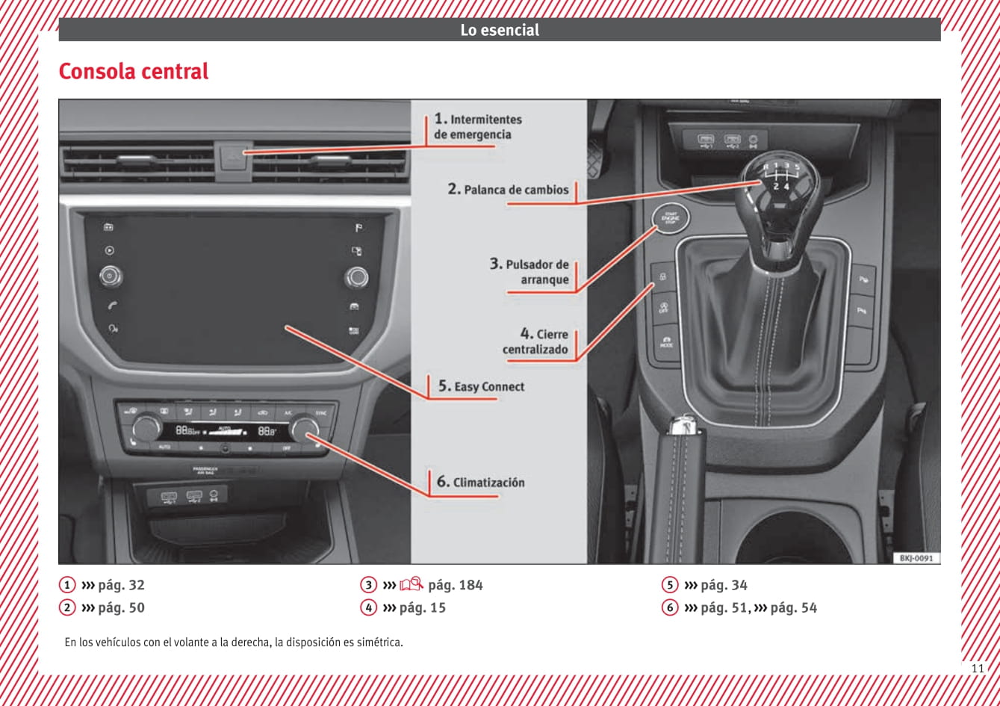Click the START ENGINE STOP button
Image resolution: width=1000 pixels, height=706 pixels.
tap(671, 217)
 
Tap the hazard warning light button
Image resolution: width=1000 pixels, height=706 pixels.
tap(235, 155)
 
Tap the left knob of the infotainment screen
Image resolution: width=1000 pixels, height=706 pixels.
tap(111, 276)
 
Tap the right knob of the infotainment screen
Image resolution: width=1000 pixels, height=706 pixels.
tap(356, 278)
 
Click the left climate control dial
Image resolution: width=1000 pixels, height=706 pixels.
tap(146, 428)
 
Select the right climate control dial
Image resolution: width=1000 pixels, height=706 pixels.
tap(305, 429)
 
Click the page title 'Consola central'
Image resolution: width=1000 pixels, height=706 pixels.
tap(134, 72)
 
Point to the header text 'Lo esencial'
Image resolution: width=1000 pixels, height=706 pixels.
tap(500, 30)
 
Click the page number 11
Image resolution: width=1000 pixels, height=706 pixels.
tap(978, 668)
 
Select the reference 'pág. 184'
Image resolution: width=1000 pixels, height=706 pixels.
tap(456, 585)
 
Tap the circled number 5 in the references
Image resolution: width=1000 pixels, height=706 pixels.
tap(670, 585)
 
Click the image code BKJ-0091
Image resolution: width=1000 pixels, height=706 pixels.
tap(916, 557)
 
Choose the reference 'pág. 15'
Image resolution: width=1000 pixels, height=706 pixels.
tap(423, 607)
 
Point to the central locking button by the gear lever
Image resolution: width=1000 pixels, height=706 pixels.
tap(663, 277)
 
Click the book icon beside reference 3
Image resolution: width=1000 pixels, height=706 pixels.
tap(412, 584)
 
